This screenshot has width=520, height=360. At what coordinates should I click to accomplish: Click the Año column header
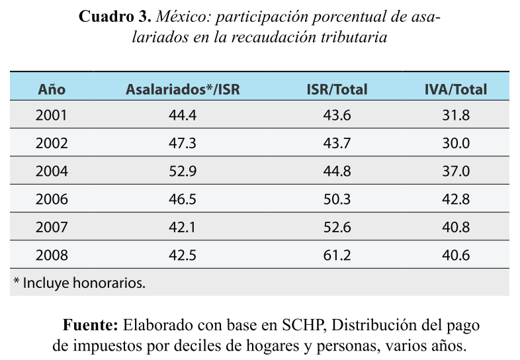point(52,89)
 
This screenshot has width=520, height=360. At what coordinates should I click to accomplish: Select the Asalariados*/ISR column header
point(183,89)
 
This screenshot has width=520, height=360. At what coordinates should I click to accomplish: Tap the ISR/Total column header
point(337,89)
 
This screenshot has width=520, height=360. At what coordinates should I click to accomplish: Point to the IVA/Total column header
point(455,89)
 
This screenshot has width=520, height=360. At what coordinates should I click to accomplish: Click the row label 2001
point(52,115)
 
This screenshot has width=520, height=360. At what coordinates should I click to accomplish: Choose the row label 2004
point(52,171)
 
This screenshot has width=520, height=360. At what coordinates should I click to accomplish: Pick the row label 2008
point(52,255)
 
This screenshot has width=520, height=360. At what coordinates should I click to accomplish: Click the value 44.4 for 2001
point(183,115)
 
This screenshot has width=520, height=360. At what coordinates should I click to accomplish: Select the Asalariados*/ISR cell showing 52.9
point(183,171)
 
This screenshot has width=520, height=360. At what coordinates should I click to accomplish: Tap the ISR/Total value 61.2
point(337,255)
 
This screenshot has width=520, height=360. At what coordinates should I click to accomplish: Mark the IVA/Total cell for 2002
point(455,143)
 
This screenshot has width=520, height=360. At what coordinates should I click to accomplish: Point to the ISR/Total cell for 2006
point(337,199)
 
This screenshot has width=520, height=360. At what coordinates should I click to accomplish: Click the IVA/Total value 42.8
point(455,199)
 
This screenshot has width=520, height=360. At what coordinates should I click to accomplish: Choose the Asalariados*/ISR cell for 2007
point(183,227)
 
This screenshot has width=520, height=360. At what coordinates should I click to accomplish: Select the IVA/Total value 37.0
point(455,171)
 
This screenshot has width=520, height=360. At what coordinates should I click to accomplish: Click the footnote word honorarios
point(112,283)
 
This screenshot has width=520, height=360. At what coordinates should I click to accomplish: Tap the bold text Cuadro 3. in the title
point(115,17)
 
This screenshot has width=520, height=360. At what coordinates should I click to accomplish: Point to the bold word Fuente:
point(91,326)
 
